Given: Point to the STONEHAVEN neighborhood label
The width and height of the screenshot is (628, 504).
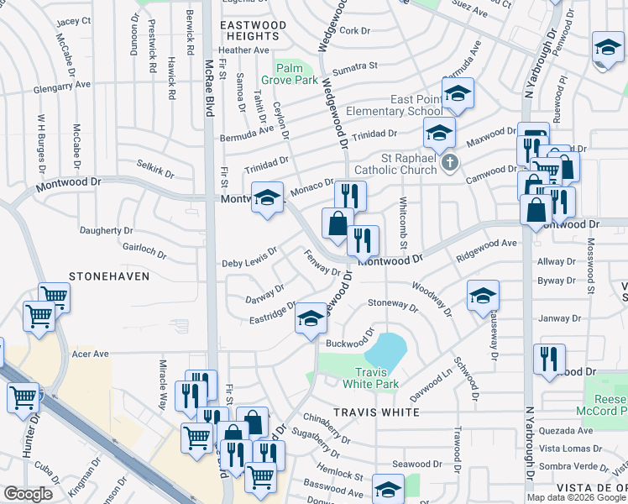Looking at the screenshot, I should [x=109, y=276].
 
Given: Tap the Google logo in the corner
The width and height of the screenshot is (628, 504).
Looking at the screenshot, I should [x=28, y=494].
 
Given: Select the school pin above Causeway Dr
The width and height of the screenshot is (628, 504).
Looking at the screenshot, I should [x=484, y=296].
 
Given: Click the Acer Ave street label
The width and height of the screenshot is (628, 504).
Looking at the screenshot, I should [x=92, y=354].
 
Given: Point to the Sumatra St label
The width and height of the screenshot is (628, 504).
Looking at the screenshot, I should [x=355, y=67].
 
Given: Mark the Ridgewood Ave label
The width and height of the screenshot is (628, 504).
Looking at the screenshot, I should [x=486, y=248].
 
